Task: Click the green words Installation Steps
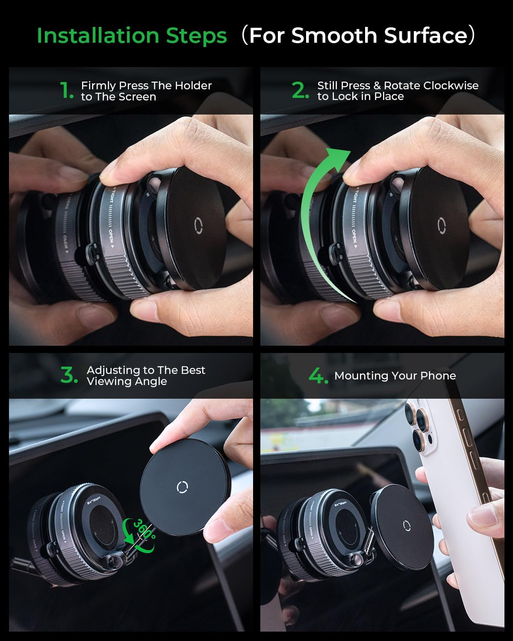(x=132, y=35)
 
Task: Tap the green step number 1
(x=66, y=91)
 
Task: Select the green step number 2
(x=300, y=91)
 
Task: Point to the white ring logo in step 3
(x=183, y=487)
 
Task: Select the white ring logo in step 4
(x=406, y=525)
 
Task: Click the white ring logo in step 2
(x=442, y=226)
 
